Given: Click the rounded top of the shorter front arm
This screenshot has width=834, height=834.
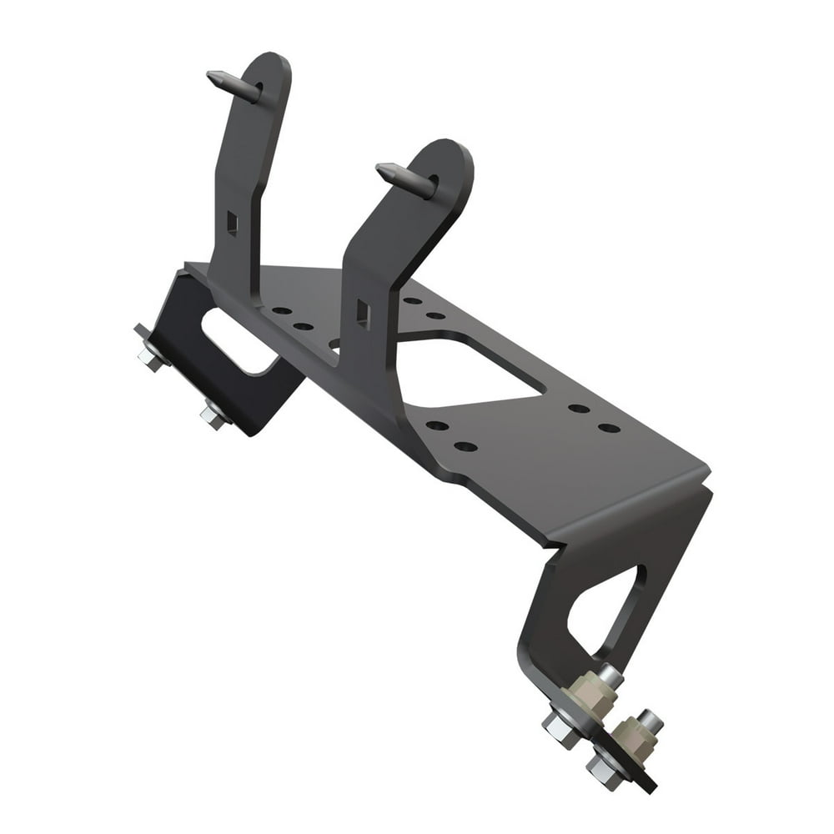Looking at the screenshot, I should (450, 158).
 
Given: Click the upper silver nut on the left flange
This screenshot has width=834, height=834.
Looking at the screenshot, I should (152, 356).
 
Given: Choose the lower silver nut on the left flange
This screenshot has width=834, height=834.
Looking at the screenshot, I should (215, 415).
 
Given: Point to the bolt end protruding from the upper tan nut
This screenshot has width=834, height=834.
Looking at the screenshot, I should (610, 675).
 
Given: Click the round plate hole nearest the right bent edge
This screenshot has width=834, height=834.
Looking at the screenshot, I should (610, 428).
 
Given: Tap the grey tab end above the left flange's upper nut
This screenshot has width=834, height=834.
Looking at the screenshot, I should (138, 331).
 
